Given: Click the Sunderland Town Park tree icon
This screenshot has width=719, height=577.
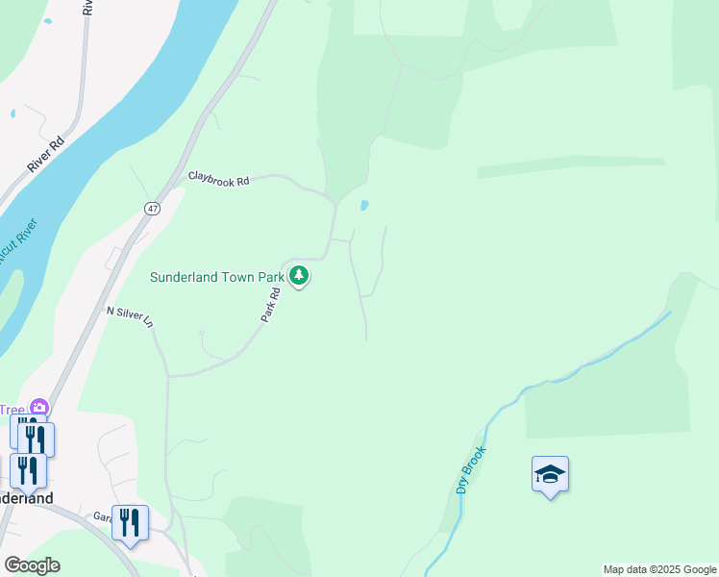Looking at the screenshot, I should [x=300, y=277].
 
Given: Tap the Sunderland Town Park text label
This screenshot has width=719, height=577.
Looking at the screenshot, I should [x=216, y=277].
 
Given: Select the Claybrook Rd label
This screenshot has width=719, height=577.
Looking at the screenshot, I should [x=218, y=179].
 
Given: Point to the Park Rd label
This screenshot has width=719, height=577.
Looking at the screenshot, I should [x=270, y=304].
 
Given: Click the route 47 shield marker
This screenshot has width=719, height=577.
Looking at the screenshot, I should [x=153, y=209].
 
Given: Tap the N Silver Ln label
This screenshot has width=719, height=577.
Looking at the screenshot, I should [x=130, y=317].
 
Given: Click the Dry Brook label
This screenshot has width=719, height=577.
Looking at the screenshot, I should [x=468, y=468].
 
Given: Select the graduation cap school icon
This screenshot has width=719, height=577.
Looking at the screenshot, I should [x=550, y=474].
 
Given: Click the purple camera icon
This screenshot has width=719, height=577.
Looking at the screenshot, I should [x=38, y=409].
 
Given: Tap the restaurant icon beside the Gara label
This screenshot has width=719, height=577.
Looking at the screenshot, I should [x=130, y=523].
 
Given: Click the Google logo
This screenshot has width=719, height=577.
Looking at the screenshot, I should [x=32, y=564].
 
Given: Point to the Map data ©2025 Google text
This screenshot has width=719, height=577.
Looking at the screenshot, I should [x=659, y=569].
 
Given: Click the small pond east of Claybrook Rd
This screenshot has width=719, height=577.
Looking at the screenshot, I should [x=363, y=205].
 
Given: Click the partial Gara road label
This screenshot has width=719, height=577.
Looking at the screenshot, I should [x=103, y=516].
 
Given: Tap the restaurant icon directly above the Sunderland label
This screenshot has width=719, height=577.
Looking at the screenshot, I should [x=28, y=470].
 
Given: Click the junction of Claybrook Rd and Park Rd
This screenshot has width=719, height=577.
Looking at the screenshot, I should [x=335, y=204].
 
